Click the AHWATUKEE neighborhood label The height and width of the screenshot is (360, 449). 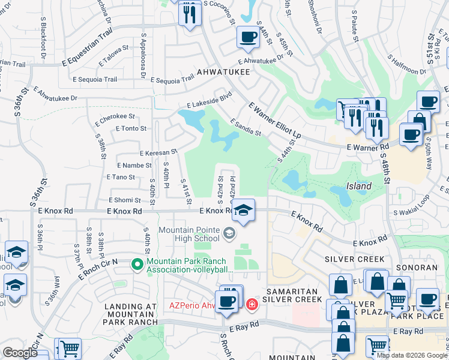click(x=223, y=70)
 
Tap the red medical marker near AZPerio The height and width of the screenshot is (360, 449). click(x=252, y=304)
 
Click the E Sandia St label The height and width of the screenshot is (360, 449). click(x=246, y=127)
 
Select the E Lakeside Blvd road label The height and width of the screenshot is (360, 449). click(x=209, y=99)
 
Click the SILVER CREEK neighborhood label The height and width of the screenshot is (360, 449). click(x=354, y=259)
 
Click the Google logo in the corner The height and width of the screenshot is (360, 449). click(x=20, y=353)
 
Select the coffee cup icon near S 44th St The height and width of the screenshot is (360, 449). click(x=247, y=37)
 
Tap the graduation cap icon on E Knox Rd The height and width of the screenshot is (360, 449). click(x=243, y=210)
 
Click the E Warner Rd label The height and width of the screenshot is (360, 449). click(x=367, y=146)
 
